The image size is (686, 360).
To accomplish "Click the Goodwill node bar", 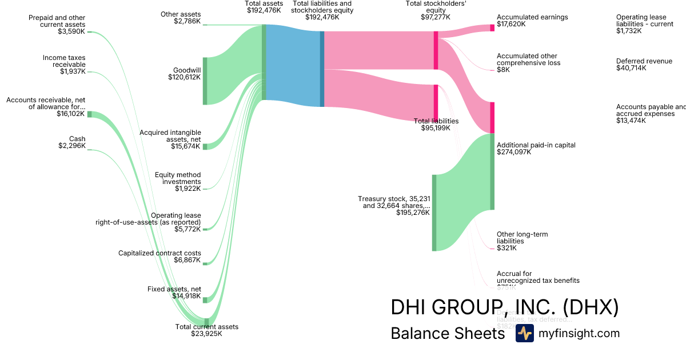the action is tap(205, 81).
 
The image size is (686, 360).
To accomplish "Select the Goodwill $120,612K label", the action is tap(187, 74).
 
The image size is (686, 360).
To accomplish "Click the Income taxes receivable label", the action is tap(64, 65).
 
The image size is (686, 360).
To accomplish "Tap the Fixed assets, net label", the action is tap(174, 293).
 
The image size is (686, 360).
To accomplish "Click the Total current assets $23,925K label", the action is tap(206, 330).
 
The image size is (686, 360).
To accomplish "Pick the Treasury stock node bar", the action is tap(434, 213).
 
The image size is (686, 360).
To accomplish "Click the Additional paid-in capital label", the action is tap(536, 149).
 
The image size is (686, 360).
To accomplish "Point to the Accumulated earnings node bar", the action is tap(492, 27).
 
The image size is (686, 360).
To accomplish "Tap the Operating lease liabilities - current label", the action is tap(645, 24).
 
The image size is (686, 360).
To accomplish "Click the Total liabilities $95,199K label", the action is tap(436, 125).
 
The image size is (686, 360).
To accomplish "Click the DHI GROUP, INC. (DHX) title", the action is tap(504, 307).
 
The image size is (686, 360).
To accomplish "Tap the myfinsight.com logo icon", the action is tap(524, 333).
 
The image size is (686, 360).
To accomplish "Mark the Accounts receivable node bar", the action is tap(89, 114).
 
